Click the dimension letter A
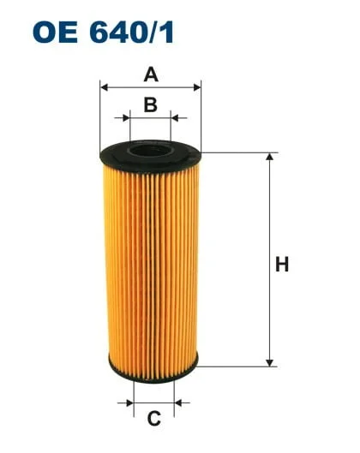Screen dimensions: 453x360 point(151,75)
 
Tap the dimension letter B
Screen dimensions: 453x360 point(150,104)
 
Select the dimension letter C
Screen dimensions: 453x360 point(154,419)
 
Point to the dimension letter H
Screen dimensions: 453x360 point(281,265)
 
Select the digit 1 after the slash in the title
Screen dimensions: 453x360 point(171,32)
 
